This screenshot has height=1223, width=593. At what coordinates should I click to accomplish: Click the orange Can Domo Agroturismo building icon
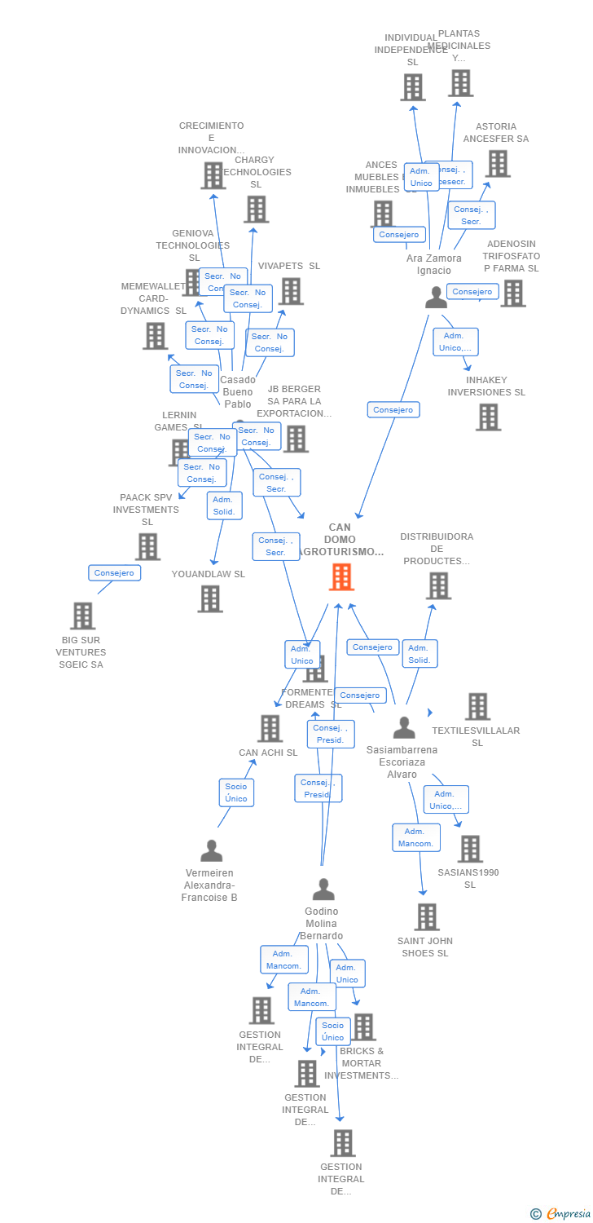341,576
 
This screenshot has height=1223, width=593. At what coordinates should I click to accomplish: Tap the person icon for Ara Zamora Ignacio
437,298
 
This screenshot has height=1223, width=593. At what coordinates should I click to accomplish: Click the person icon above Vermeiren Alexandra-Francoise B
211,850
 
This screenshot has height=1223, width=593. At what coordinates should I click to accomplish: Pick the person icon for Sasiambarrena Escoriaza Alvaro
404,727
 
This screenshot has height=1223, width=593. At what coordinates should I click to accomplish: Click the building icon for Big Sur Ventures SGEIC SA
82,616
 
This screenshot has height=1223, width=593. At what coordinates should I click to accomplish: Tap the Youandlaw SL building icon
210,598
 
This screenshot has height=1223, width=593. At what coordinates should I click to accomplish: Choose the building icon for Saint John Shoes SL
427,917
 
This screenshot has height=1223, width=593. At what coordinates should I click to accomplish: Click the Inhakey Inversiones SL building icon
488,417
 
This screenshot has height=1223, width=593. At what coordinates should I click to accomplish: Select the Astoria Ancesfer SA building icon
497,163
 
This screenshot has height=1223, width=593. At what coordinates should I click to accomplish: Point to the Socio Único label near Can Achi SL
236,792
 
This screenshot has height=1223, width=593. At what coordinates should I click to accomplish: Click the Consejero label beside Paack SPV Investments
115,572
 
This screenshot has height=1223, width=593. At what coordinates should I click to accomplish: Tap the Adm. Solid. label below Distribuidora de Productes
419,654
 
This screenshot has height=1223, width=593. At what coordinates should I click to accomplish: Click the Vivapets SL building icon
291,291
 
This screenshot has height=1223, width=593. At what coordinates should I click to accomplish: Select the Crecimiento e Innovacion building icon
213,174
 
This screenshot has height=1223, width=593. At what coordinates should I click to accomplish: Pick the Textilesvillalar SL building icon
477,706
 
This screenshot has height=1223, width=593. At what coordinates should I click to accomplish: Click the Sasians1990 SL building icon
470,849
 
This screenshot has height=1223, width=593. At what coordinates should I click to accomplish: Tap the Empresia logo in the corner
563,1213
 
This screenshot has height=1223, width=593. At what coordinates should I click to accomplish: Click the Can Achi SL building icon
270,728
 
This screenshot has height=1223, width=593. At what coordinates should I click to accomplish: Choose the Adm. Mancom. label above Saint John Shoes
416,837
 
